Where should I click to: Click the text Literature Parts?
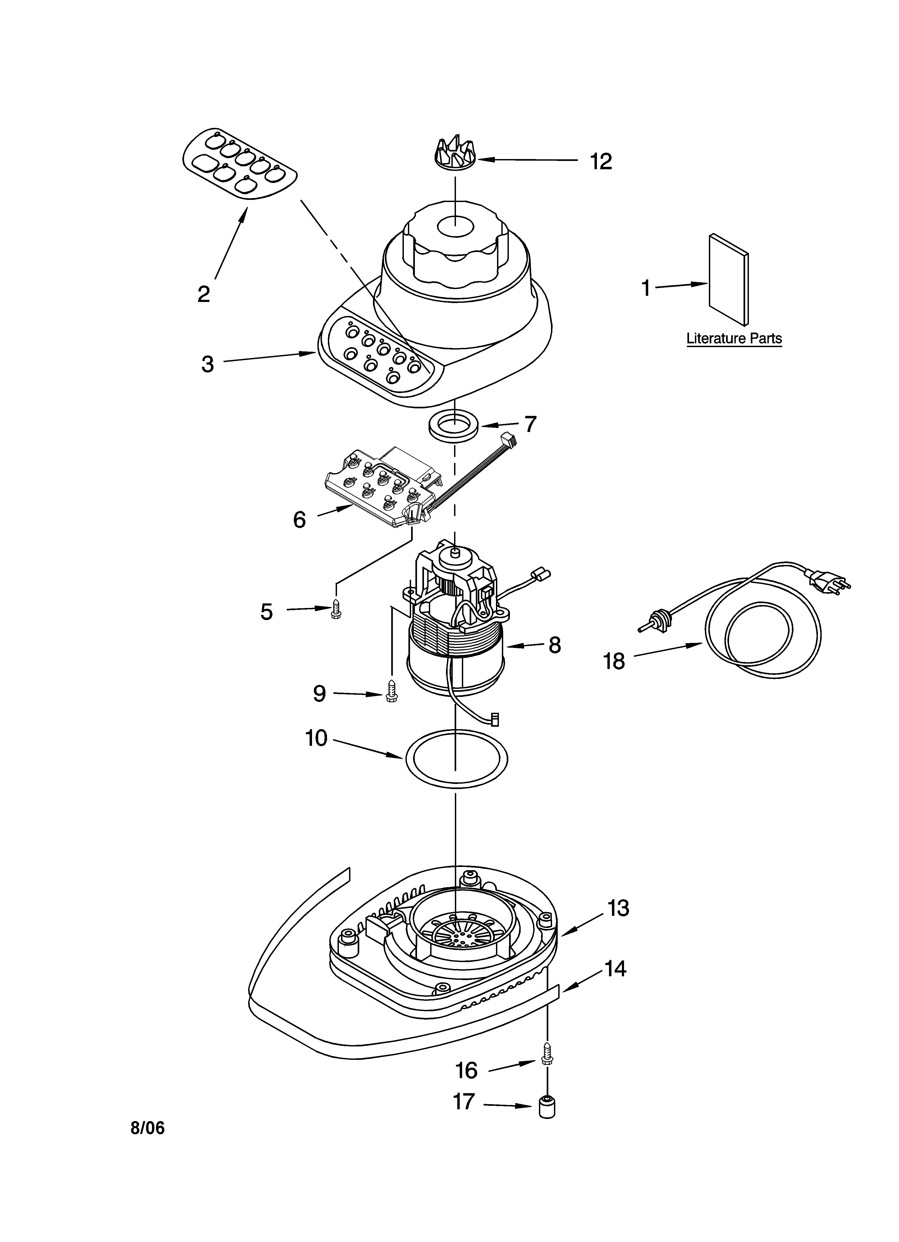click(734, 339)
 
